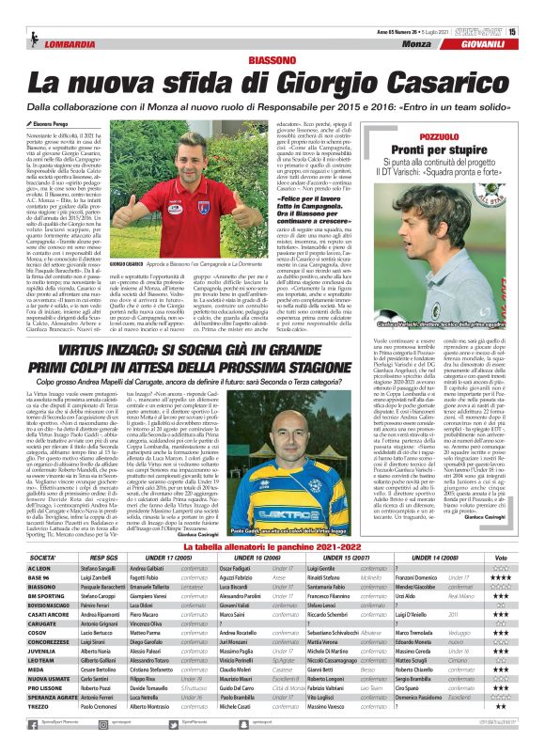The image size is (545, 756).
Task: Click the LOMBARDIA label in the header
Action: click(60, 44)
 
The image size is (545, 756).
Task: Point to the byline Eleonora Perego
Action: click(49, 123)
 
